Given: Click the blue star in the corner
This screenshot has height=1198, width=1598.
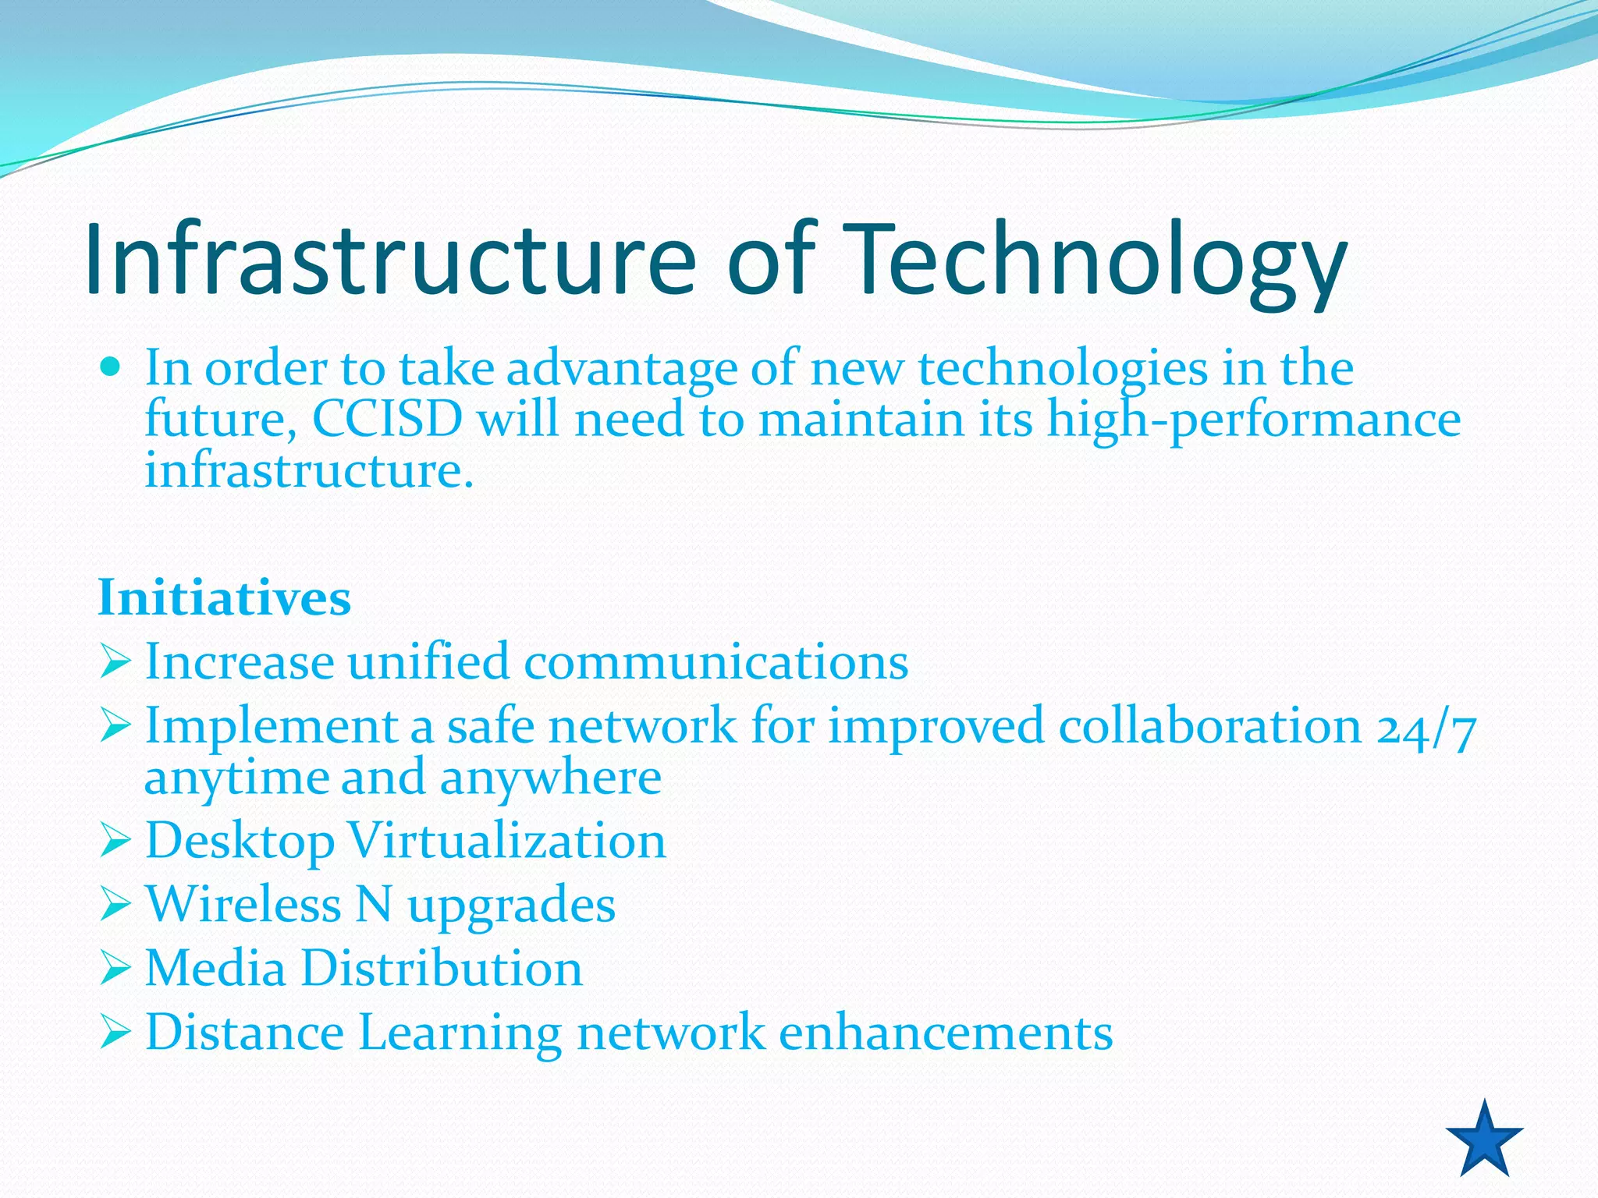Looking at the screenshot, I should click(1484, 1141).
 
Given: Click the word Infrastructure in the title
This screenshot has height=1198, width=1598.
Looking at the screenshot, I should click(390, 259).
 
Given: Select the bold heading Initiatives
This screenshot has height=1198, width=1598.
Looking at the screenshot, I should click(225, 598).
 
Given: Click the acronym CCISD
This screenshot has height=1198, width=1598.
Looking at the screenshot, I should click(388, 419).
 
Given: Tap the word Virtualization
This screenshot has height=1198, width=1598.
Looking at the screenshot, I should click(507, 841).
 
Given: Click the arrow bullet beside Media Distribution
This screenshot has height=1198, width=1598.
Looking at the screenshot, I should click(115, 969).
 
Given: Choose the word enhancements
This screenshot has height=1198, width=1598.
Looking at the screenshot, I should click(946, 1033).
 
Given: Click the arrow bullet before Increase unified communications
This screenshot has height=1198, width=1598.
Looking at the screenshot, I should click(115, 662).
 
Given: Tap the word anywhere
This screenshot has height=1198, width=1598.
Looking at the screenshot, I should click(551, 778).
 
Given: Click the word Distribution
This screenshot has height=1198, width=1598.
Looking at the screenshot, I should click(442, 968).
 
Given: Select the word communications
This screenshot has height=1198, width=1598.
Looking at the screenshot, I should click(716, 662).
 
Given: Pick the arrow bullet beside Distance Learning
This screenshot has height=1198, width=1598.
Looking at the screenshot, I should click(115, 1033).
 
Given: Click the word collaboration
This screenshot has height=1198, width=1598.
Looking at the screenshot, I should click(1210, 726).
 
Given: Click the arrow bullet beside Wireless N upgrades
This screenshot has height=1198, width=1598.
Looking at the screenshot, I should click(115, 905).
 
